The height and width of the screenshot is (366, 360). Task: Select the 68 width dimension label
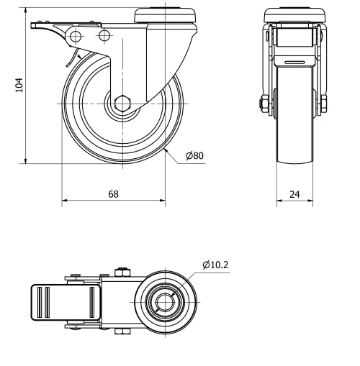(x=114, y=194)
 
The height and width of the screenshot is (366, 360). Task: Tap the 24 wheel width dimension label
(x=294, y=194)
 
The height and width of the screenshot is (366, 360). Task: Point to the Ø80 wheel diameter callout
(x=193, y=156)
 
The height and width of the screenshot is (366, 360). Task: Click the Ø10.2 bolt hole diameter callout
(x=216, y=265)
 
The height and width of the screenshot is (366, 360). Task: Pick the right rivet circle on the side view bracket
(x=104, y=35)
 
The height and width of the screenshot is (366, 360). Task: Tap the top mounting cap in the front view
(x=294, y=13)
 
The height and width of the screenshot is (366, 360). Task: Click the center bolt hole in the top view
(x=165, y=302)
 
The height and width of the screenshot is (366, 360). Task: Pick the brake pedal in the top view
(x=63, y=302)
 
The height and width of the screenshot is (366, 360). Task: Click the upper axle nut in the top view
(x=120, y=272)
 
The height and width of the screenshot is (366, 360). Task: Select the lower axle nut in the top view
(x=120, y=332)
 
